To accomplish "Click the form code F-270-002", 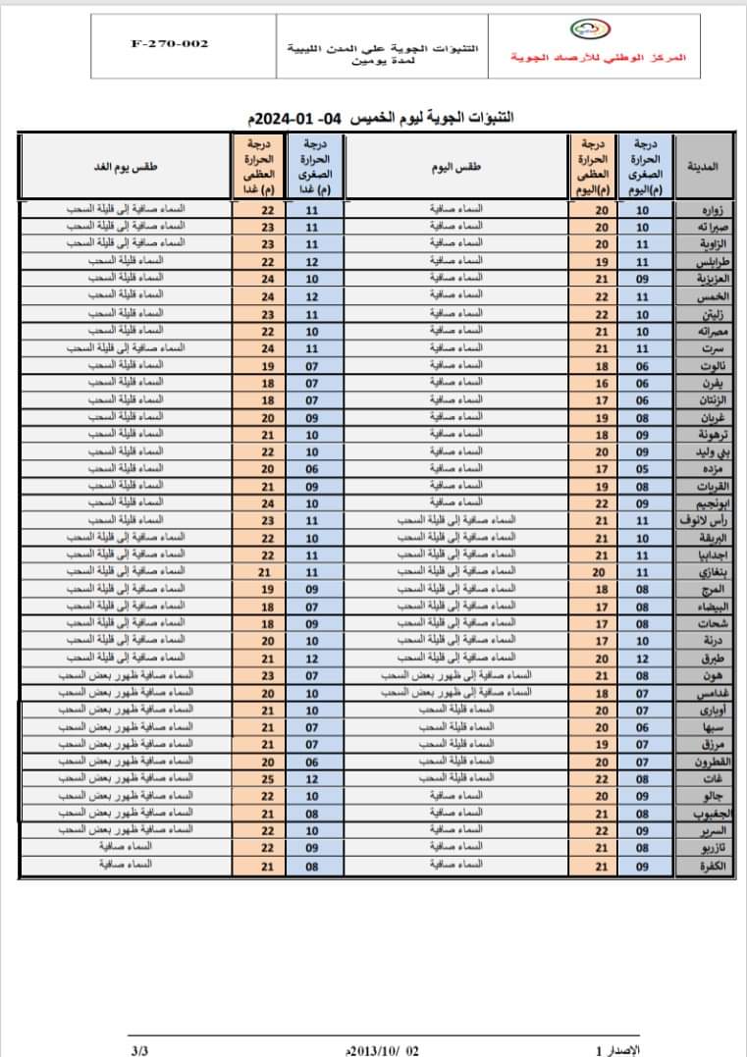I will [169, 43].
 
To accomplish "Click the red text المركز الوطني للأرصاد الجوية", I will [599, 58].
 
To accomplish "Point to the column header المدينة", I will [705, 167].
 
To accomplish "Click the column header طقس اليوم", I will [456, 167].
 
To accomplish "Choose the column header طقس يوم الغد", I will [126, 167].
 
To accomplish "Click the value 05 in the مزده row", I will [643, 468].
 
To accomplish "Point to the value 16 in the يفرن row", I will [602, 383].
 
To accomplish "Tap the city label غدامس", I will [708, 693].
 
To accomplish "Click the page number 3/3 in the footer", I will [139, 1049].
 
